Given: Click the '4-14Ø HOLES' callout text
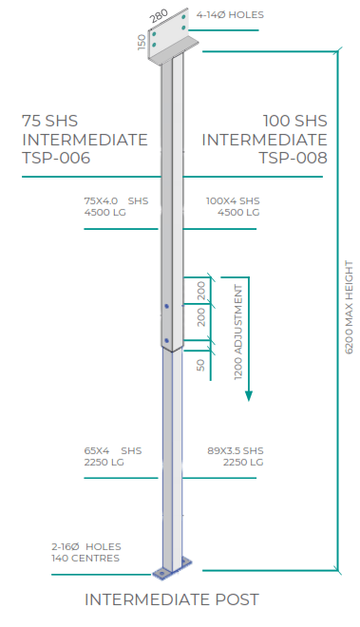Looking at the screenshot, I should click(230, 15).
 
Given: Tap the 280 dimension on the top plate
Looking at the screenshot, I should click(159, 17).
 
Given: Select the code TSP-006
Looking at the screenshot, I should click(56, 159).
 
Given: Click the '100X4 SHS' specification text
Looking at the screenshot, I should click(232, 200).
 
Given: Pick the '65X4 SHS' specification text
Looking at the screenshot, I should click(112, 450).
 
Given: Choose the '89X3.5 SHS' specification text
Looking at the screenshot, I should click(234, 450).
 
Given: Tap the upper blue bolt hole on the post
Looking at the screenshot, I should click(167, 307).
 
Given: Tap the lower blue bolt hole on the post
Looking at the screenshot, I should click(167, 339).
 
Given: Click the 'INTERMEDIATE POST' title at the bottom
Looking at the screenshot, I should click(172, 599).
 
